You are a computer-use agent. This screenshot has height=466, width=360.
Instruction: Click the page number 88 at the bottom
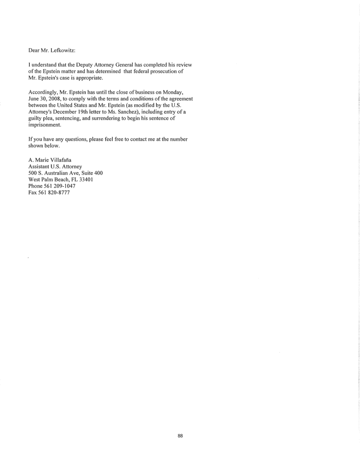coord(180,436)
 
